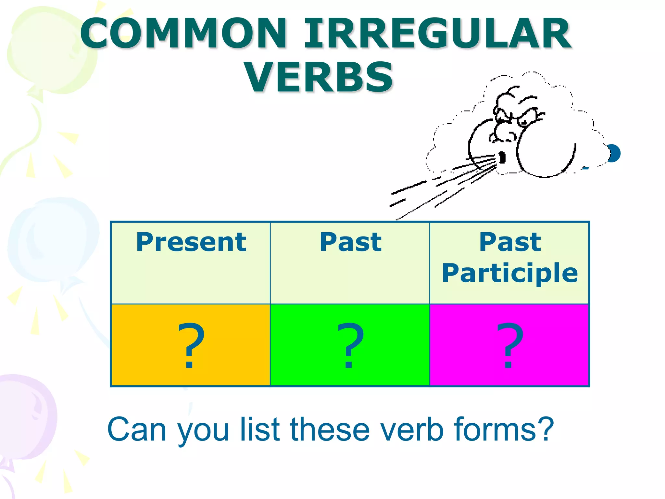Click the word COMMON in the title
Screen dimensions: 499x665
click(x=184, y=34)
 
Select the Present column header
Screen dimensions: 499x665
click(x=191, y=242)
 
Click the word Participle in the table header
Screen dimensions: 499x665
click(x=510, y=273)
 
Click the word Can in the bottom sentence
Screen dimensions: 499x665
click(x=136, y=429)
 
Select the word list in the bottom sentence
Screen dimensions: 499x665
click(x=260, y=429)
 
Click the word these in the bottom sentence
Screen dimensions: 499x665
click(x=330, y=429)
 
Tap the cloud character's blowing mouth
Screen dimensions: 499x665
click(x=502, y=158)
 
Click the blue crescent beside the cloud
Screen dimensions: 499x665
click(x=614, y=153)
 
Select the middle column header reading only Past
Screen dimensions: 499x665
click(x=350, y=242)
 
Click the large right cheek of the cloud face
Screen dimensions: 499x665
click(x=546, y=151)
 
